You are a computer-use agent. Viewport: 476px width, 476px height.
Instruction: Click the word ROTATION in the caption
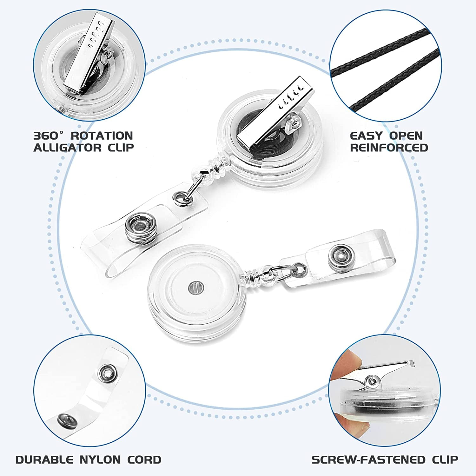102,136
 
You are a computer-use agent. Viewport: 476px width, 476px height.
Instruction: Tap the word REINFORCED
389,148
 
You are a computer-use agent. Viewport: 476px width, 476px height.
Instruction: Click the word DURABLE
44,460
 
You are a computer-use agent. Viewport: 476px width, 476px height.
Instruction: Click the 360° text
46,136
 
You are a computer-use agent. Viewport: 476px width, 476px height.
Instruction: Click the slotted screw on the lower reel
194,288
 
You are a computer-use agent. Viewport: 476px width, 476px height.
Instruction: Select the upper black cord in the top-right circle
381,51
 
